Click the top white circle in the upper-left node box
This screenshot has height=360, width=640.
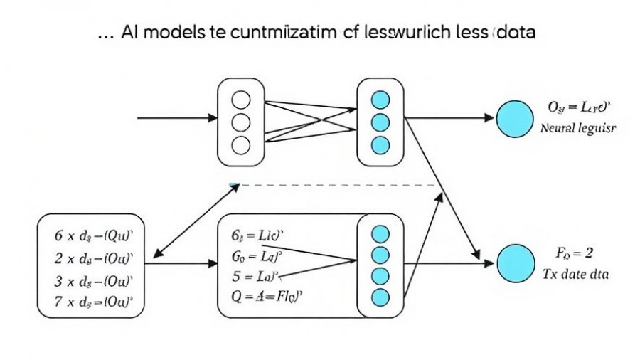point(242,100)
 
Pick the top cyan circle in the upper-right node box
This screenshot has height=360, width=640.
point(381,100)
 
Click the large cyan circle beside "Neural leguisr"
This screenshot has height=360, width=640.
point(514,118)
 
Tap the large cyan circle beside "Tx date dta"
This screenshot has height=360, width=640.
point(514,263)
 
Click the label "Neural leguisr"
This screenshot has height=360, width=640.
point(578,129)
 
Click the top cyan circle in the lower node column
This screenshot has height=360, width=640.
point(381,233)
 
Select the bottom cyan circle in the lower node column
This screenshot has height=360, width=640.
point(381,297)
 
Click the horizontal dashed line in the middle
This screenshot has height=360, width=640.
point(334,185)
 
